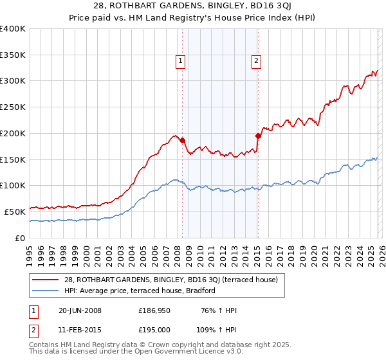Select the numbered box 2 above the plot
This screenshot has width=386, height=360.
pos(256,61)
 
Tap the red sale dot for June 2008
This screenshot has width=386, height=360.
pos(182,139)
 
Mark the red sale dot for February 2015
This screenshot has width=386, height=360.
pos(258,136)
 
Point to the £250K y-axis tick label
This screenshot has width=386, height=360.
pos(13,107)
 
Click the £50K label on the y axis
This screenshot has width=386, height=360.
pos(15,212)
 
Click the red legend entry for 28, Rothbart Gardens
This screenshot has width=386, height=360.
pos(170,280)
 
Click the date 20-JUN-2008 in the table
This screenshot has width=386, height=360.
pos(77,310)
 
